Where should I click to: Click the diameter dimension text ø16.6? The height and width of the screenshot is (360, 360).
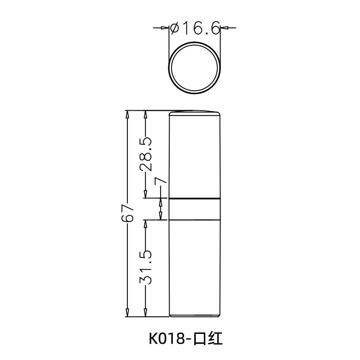click(x=194, y=28)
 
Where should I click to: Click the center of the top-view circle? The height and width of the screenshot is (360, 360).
click(x=194, y=67)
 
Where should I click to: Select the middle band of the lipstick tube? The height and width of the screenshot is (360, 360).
click(x=194, y=209)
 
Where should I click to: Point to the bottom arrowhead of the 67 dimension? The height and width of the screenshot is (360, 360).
click(x=127, y=312)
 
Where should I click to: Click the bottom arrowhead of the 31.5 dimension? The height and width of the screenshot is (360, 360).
click(x=145, y=312)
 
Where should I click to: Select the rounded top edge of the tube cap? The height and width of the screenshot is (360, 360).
click(x=194, y=111)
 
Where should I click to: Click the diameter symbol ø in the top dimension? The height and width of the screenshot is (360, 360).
click(x=174, y=29)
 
